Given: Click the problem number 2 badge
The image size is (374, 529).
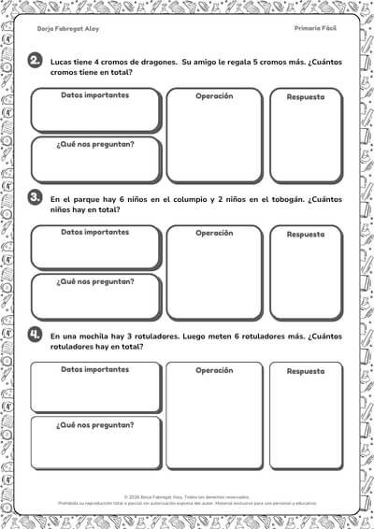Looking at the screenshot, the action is [36, 63].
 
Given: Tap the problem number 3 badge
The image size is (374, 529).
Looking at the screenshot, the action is [36, 199].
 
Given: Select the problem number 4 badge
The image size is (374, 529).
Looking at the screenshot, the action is [36, 335].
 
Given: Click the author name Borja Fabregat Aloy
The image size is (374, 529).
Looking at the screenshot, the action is [67, 29].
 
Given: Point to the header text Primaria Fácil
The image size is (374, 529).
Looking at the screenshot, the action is [314, 29].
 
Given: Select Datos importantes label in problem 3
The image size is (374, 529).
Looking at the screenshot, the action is [94, 232].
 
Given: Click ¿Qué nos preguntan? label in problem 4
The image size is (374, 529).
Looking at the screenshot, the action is [94, 424].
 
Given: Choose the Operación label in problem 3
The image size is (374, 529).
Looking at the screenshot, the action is [214, 233].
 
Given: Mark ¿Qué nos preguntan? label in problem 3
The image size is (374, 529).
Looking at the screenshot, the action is [94, 282].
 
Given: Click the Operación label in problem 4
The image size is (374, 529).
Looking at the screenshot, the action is [214, 369].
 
